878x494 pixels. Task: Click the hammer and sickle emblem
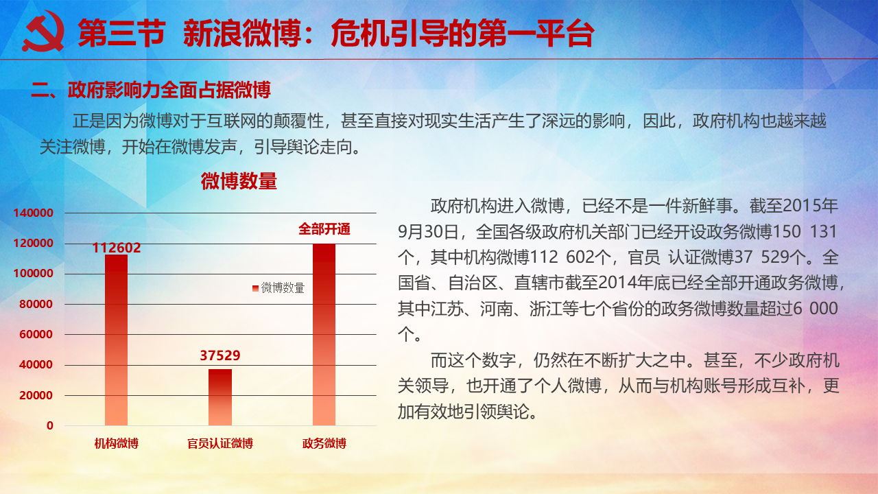43,32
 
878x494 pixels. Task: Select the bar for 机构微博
117,340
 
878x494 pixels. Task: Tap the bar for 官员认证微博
220,397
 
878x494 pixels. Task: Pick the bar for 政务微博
324,334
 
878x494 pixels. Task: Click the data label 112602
117,248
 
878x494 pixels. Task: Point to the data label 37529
220,355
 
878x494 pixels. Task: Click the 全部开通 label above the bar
324,229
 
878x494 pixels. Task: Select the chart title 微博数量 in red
239,181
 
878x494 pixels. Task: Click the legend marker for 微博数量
255,289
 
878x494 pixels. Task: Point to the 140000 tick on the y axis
34,213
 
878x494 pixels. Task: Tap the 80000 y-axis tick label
36,304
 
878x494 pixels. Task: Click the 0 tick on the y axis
50,425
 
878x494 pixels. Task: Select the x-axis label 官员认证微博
220,443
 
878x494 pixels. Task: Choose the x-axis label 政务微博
324,443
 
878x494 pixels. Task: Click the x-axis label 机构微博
117,443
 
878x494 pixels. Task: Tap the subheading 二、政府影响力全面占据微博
151,90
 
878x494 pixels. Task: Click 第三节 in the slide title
121,34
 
